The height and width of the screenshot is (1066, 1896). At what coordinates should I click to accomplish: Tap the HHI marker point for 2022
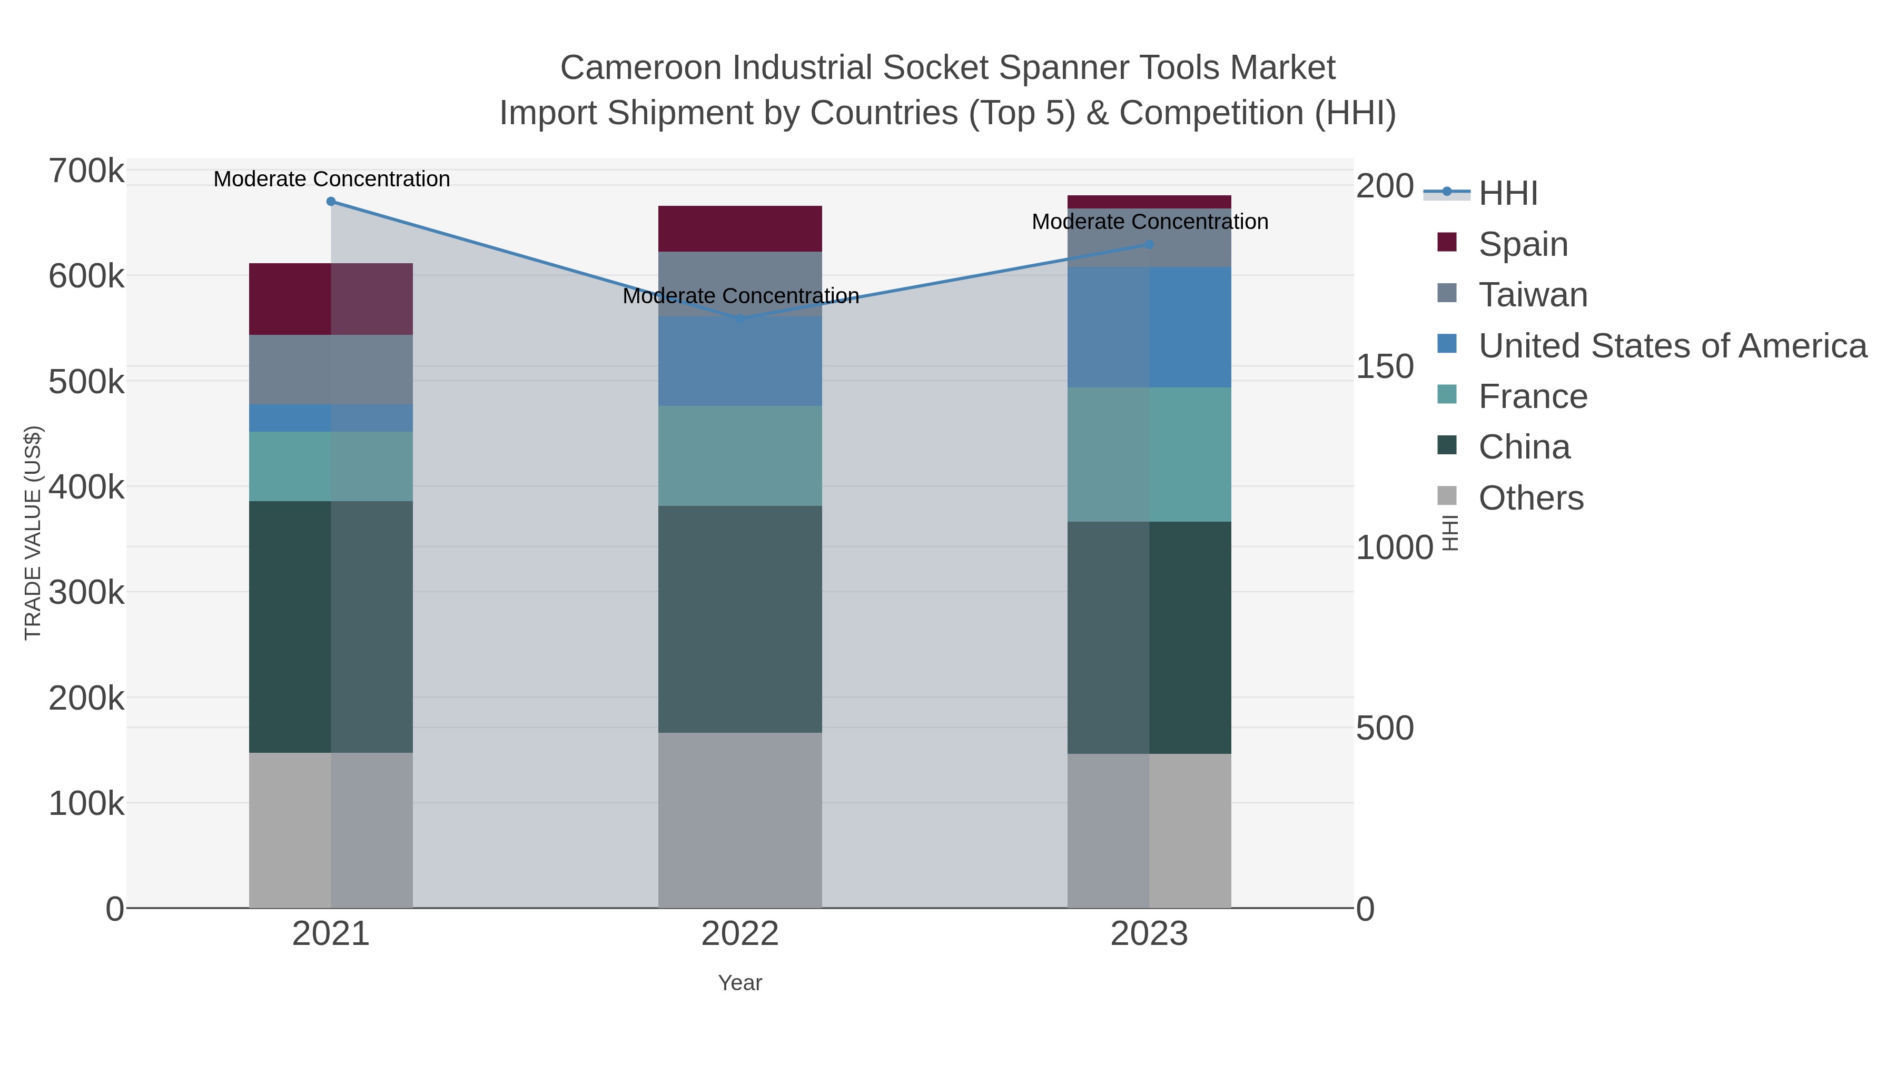coord(740,318)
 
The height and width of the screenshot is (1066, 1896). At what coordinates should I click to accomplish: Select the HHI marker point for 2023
coord(1150,244)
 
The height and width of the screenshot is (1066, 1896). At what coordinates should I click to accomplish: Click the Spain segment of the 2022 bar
coord(740,229)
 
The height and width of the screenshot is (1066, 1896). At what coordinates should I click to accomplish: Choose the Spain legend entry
coord(1522,244)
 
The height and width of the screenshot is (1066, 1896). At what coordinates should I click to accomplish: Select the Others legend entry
coord(1530,498)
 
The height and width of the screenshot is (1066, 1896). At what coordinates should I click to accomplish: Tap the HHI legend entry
coord(1507,194)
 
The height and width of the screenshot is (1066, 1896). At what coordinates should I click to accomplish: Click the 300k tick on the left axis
coord(86,592)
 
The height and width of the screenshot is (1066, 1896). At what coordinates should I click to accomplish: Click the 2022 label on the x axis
coord(740,934)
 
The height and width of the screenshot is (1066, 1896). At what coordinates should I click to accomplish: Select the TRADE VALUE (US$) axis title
coord(33,533)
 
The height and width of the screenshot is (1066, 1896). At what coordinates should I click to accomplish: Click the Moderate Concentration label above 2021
coord(331,179)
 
